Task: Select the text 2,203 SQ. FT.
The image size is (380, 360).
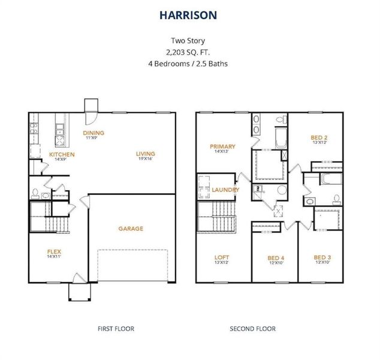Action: [x=189, y=52]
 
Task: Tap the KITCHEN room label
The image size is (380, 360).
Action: [x=62, y=154]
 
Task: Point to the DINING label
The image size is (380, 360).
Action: [x=94, y=133]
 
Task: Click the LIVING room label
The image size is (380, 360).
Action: [x=146, y=154]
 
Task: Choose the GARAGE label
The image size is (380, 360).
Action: [x=130, y=229]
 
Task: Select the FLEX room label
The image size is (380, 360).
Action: [x=55, y=251]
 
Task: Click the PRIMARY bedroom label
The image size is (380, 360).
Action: [x=222, y=146]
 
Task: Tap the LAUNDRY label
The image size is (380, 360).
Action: [x=225, y=190]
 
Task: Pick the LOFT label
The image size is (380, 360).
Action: [x=221, y=257]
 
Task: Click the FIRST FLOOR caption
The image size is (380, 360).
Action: [x=116, y=328]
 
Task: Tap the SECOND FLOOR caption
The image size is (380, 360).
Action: [x=253, y=328]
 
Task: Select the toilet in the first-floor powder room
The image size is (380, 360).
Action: [x=35, y=193]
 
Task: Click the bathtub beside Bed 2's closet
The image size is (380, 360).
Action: [x=326, y=179]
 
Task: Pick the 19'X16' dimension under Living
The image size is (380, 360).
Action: [x=146, y=159]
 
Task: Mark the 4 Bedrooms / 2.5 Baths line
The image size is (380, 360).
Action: [x=189, y=63]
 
